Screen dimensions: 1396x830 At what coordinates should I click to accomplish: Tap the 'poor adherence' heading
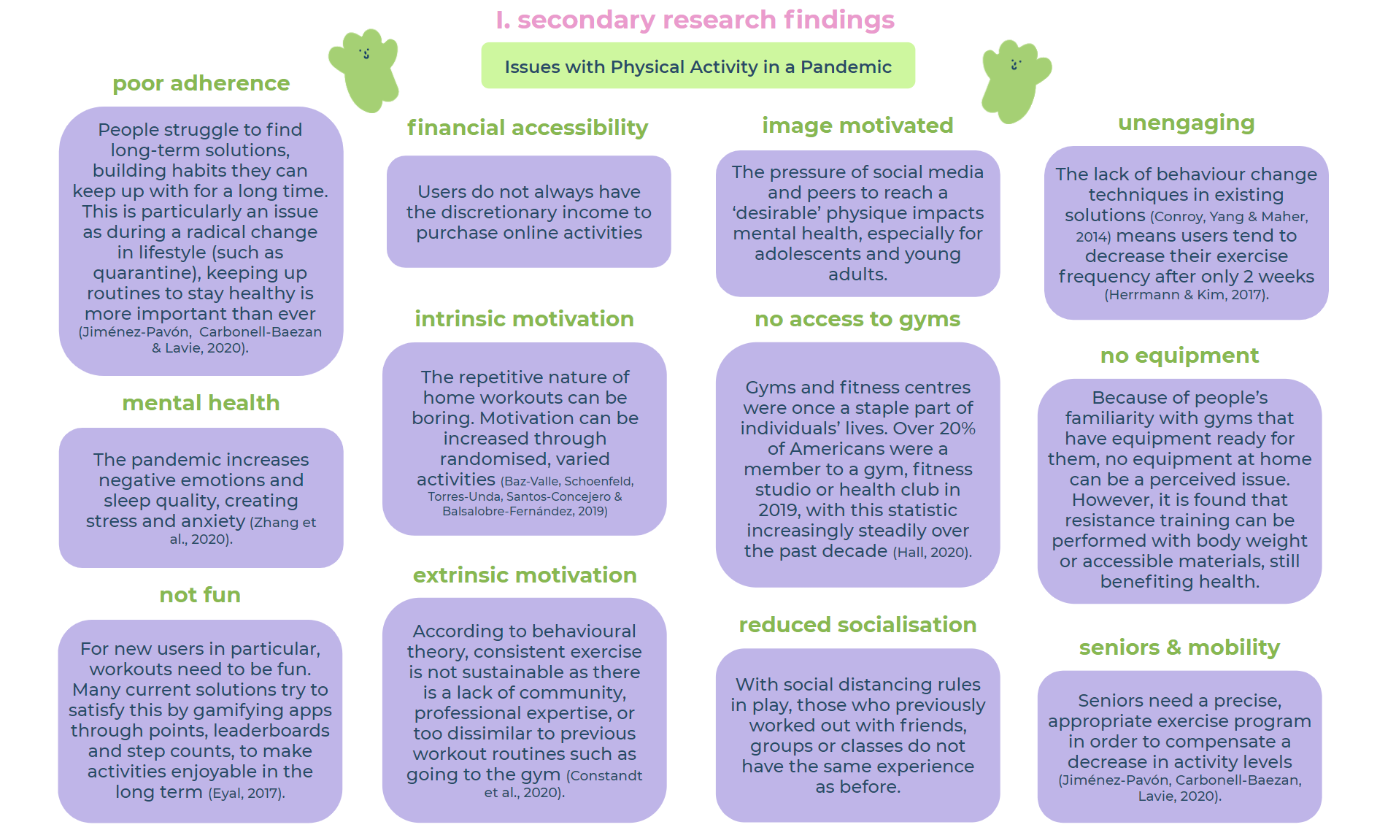click(x=201, y=83)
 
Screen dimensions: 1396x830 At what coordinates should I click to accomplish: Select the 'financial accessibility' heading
click(x=527, y=128)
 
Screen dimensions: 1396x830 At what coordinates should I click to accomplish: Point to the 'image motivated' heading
click(x=857, y=126)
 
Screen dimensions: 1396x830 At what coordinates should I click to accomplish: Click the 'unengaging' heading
click(x=1186, y=123)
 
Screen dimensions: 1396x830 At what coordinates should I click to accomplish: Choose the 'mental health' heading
click(x=201, y=403)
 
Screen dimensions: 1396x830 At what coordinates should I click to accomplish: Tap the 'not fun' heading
click(x=200, y=595)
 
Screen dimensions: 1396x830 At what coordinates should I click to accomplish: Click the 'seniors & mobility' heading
click(x=1179, y=648)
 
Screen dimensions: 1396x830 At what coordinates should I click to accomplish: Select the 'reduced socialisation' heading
click(x=857, y=625)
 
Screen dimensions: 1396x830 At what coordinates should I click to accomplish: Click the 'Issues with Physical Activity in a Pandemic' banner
click(x=698, y=66)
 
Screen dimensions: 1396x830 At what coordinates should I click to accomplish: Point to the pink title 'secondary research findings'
click(x=695, y=20)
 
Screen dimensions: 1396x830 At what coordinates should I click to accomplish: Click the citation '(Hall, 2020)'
click(x=932, y=553)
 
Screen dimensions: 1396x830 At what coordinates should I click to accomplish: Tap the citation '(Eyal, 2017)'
click(x=247, y=794)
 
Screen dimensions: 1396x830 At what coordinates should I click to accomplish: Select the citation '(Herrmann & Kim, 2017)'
click(x=1186, y=295)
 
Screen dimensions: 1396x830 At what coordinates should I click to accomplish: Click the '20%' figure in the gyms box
click(x=955, y=429)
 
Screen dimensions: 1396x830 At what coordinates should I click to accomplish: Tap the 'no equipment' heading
click(x=1179, y=356)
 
